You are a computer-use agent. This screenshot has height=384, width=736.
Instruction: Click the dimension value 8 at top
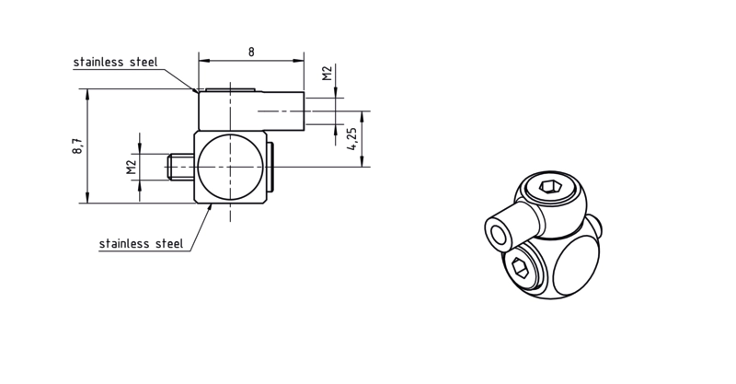click(251, 52)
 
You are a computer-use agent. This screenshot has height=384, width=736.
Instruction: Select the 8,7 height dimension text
click(78, 145)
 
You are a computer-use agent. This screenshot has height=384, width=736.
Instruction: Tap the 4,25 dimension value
click(352, 139)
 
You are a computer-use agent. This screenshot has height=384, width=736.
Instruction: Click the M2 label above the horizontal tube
click(328, 74)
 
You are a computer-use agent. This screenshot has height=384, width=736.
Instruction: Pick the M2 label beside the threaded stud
click(131, 167)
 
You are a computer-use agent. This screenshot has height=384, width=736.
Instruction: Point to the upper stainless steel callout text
click(116, 62)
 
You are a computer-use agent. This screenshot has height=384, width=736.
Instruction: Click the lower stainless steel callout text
click(142, 243)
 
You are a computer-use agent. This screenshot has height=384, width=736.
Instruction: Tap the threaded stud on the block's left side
click(179, 167)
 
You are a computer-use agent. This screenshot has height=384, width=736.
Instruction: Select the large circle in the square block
click(230, 167)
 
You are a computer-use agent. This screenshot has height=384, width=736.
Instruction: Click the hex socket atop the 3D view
click(550, 187)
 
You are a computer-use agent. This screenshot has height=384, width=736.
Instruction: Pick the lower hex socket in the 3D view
click(521, 269)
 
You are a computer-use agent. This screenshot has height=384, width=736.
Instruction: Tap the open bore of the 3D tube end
click(497, 234)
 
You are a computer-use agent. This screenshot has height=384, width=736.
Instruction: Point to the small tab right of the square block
click(270, 167)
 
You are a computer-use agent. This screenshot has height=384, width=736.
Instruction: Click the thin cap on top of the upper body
click(230, 88)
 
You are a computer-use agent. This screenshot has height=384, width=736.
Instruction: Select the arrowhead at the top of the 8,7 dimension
click(87, 93)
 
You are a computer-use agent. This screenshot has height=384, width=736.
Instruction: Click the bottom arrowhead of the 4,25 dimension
click(362, 162)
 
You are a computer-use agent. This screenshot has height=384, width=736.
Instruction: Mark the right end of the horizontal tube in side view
click(305, 111)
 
